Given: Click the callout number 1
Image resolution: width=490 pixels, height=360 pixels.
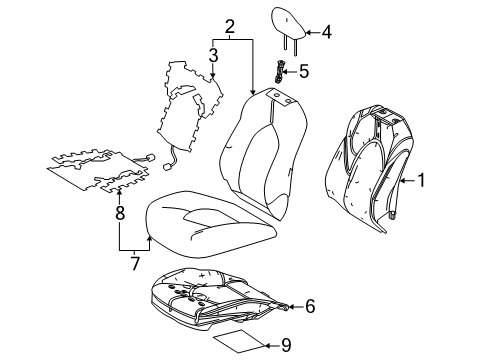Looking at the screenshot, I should click(421, 181).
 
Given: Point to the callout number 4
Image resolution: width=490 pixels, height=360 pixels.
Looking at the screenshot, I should click(325, 32).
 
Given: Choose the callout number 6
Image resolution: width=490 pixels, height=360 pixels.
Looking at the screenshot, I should click(310, 305).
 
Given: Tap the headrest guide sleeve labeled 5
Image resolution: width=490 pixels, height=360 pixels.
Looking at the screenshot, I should click(283, 72).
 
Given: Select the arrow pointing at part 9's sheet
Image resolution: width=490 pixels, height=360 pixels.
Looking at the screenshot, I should click(268, 345).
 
